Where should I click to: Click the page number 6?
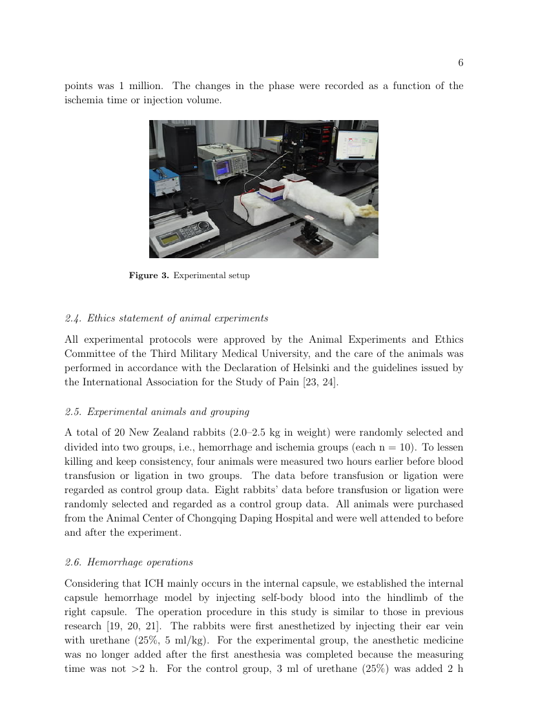pyautogui.click(x=461, y=63)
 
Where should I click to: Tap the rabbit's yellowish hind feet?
pyautogui.click(x=367, y=210)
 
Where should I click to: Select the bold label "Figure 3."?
pyautogui.click(x=149, y=276)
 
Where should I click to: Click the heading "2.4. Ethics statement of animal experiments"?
pyautogui.click(x=167, y=318)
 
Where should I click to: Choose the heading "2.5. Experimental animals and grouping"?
pyautogui.click(x=157, y=411)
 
